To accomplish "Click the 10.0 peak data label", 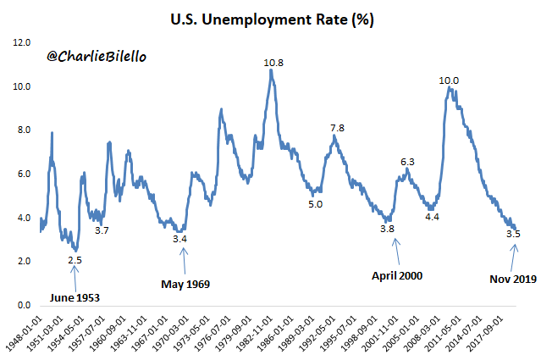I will [x=449, y=80].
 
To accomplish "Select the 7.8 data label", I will [x=336, y=128].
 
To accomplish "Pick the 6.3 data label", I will [x=406, y=161].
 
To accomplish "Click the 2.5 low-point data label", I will [x=75, y=260].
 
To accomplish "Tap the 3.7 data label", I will [x=101, y=230].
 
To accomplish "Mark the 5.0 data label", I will [x=314, y=204].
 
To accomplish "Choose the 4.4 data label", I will [x=432, y=218].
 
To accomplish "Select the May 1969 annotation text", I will [x=185, y=283].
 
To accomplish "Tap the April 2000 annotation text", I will [x=397, y=275].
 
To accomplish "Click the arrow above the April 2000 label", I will [x=395, y=251].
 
